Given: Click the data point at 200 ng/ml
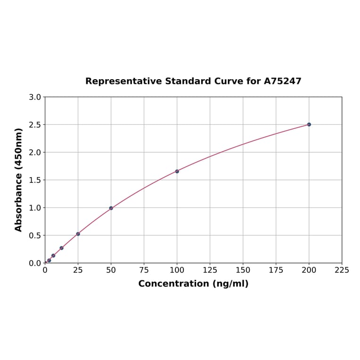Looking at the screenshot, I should coord(309,124).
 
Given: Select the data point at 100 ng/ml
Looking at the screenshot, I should coord(177,171).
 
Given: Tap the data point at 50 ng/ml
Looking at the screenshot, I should coord(111,208).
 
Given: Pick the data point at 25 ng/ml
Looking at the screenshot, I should coord(78,234).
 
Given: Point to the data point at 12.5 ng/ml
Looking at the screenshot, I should coord(61,248).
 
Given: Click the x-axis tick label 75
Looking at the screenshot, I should coord(144,270).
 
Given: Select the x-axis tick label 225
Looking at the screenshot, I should coord(342,270).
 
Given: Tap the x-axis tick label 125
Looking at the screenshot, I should coord(210,270).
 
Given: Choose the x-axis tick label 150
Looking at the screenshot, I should coord(243,270).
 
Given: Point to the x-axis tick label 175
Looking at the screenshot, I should coord(276,270).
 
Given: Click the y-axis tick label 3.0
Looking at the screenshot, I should coord(35,97).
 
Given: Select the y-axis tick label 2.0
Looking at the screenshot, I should coord(35,152).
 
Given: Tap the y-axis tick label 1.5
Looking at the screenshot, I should coord(35,180).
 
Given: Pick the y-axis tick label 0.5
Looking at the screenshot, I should coord(35,235).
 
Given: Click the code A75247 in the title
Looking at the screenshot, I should coord(282,81).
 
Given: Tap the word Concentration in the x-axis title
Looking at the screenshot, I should coord(173,284).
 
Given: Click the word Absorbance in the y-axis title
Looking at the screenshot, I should coord(19,194).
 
